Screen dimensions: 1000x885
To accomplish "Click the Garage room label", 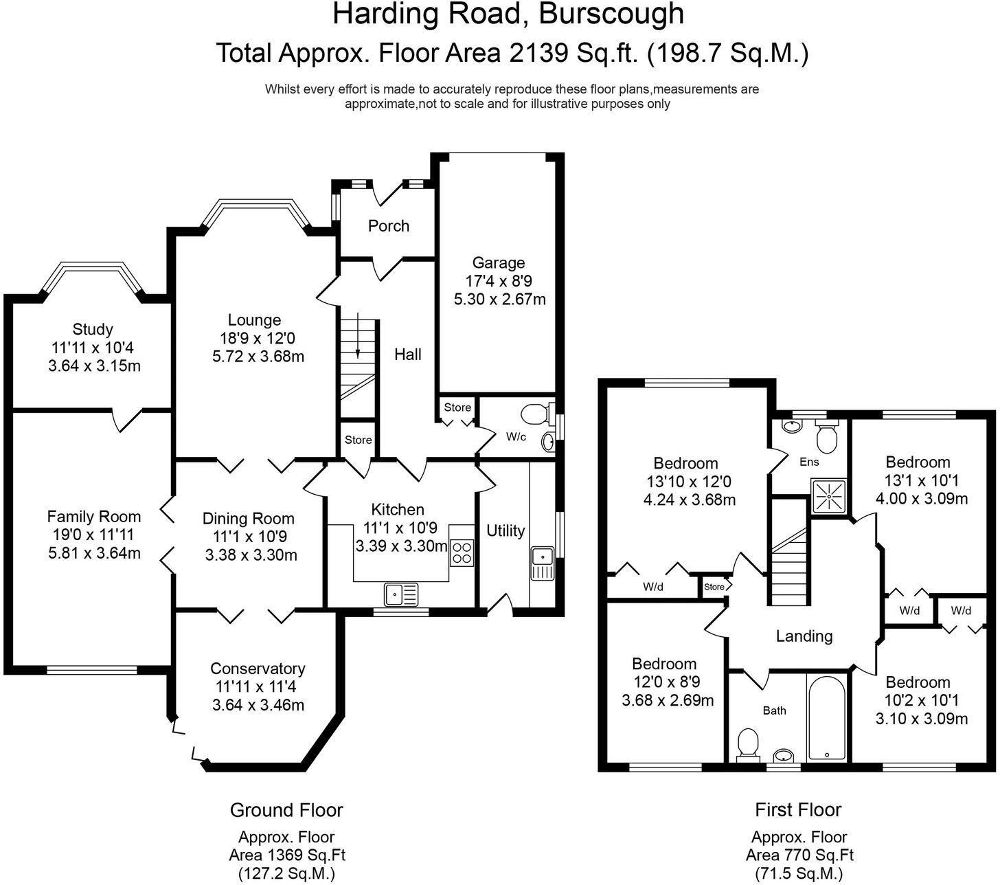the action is click(x=499, y=262).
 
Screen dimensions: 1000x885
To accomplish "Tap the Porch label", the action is click(x=388, y=226).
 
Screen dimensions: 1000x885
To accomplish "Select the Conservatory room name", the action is click(x=258, y=669).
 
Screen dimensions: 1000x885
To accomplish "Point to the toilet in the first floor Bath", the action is click(x=746, y=745).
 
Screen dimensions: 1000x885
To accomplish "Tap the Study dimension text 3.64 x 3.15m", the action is click(x=94, y=366).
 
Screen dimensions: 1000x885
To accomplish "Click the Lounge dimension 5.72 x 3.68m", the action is click(x=258, y=357).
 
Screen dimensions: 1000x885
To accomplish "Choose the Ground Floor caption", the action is click(x=286, y=811).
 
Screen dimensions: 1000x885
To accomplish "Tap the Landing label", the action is click(x=804, y=636).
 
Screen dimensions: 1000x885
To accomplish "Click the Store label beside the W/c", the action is click(x=457, y=407).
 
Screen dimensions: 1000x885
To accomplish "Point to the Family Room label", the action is click(x=94, y=517).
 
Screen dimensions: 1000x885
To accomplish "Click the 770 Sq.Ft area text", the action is click(x=799, y=855).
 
